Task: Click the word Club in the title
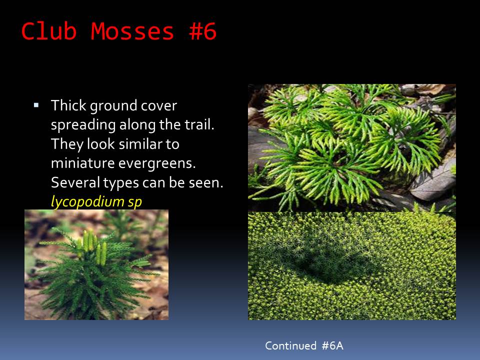[x=49, y=31]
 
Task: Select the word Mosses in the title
[x=132, y=31]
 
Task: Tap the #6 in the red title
[x=203, y=31]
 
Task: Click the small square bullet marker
[x=36, y=105]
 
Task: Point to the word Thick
[x=69, y=105]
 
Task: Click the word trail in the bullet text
[x=201, y=124]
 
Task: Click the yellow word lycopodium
[x=87, y=202]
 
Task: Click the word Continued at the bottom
[x=290, y=345]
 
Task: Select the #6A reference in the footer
[x=332, y=345]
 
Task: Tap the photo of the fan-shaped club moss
[x=351, y=148]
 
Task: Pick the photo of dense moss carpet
[x=351, y=266]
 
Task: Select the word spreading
[x=83, y=125]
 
